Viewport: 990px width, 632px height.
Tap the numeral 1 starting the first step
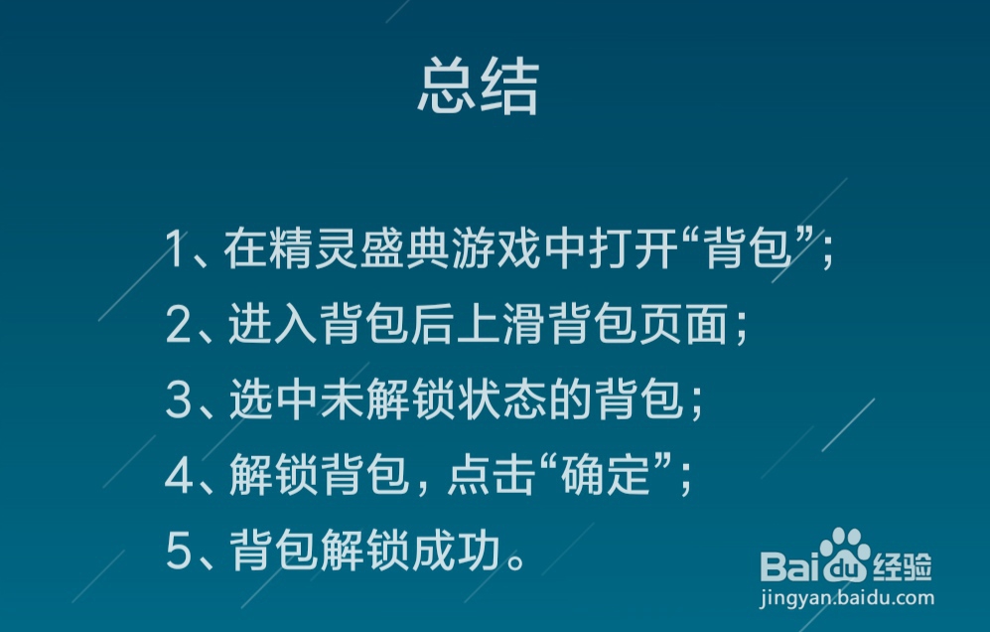click(175, 248)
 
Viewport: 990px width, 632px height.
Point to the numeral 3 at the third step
click(178, 399)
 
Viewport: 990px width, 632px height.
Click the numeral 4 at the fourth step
click(179, 475)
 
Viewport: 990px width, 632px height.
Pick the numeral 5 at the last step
click(178, 551)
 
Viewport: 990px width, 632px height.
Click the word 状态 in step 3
click(501, 399)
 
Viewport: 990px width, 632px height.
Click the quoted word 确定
click(606, 475)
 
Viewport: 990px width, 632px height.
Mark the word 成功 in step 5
click(456, 551)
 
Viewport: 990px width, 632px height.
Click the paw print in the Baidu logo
click(844, 553)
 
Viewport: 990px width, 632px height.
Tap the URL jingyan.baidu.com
click(847, 597)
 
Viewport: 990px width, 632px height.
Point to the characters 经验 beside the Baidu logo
click(902, 566)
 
